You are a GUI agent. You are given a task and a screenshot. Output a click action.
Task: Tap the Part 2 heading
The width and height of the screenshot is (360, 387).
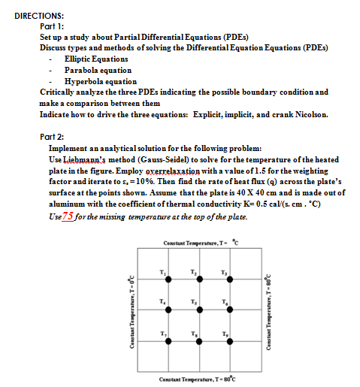(x=51, y=137)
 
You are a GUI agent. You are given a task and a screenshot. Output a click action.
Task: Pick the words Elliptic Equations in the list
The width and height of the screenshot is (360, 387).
(x=96, y=58)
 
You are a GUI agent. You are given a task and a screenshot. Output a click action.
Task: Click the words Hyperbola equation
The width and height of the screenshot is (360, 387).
(x=101, y=81)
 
